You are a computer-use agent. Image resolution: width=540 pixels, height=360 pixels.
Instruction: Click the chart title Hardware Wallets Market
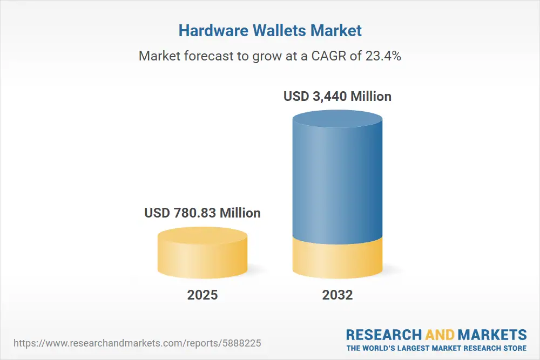coord(270,31)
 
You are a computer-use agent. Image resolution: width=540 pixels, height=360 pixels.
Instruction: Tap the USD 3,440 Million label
coord(337,97)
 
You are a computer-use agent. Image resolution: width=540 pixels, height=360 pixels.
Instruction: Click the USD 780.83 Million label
coord(202,213)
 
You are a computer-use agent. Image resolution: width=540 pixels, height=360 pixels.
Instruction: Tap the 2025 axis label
coord(202,295)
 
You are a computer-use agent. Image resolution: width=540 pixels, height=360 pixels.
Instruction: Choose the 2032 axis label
coord(337,295)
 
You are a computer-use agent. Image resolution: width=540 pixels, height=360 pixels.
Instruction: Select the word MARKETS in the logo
coord(492,335)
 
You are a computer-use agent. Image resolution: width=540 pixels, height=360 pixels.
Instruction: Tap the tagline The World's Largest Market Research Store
coord(436,348)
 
